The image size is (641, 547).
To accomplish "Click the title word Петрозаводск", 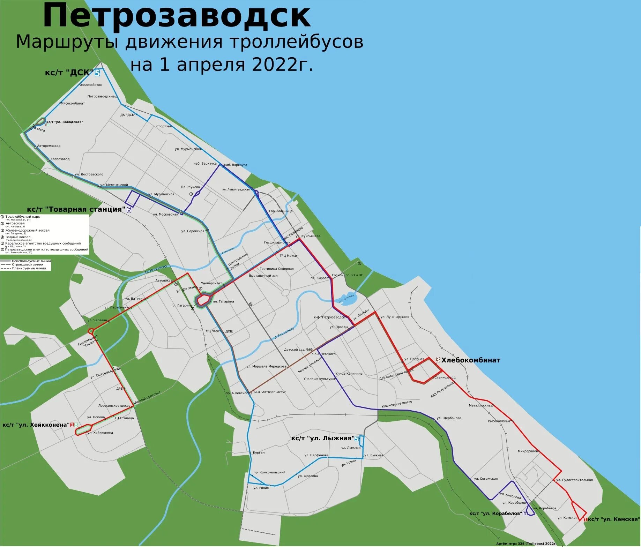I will [x=177, y=16].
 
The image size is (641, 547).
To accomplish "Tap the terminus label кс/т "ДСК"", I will [x=69, y=73].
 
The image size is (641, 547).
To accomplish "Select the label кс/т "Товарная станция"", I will [x=76, y=209].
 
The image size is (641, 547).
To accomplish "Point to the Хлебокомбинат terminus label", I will [x=471, y=360].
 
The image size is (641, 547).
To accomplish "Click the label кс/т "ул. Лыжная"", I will [x=323, y=439].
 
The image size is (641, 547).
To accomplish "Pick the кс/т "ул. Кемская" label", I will [x=614, y=519].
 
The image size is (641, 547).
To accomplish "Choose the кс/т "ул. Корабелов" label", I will [x=495, y=513].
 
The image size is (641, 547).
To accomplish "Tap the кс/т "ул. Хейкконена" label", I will [x=36, y=425].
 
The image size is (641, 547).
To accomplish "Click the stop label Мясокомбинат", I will [x=73, y=103].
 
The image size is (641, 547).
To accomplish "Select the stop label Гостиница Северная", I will [x=276, y=269].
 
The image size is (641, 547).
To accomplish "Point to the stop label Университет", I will [x=211, y=283].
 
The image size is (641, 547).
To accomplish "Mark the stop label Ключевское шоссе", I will [x=397, y=404].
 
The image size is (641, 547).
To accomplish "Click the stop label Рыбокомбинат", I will [x=500, y=421].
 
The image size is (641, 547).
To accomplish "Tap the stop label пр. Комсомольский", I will [x=269, y=472].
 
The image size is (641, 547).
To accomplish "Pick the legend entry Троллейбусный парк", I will [x=23, y=217].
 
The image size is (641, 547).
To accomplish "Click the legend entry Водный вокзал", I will [x=18, y=237].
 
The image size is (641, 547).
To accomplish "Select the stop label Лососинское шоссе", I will [x=114, y=406].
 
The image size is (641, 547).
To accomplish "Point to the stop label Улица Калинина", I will [x=349, y=373].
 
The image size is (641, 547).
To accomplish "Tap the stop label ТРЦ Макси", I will [x=288, y=256].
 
